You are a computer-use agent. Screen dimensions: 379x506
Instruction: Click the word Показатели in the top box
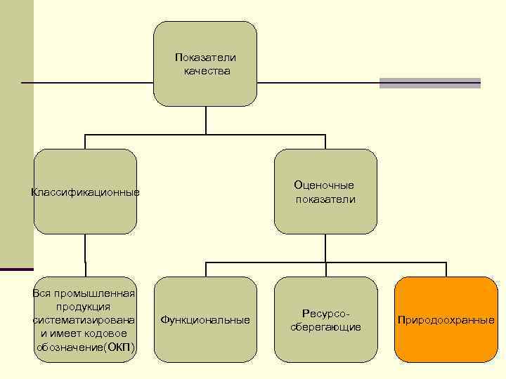[205, 57]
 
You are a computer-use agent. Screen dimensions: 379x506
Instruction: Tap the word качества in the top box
[207, 71]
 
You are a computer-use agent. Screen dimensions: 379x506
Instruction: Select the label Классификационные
[85, 192]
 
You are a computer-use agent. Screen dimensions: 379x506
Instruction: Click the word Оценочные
[324, 185]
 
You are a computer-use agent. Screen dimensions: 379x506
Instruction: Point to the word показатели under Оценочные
[325, 199]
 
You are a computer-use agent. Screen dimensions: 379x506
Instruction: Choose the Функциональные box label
[205, 320]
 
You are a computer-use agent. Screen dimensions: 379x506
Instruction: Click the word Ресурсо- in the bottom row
[325, 312]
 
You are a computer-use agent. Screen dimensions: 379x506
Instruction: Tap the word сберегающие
[325, 327]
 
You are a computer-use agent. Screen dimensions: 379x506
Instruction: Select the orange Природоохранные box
[446, 320]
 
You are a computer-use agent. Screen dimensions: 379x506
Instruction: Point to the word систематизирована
[84, 320]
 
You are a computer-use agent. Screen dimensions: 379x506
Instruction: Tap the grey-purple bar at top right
[429, 83]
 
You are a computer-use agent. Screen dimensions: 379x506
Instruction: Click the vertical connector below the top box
[205, 119]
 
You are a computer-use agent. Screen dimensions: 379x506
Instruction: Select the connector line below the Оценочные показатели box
[325, 248]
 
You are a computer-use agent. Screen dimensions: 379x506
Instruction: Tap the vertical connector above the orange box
[446, 270]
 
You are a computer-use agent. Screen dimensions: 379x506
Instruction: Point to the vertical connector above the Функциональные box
[205, 270]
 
